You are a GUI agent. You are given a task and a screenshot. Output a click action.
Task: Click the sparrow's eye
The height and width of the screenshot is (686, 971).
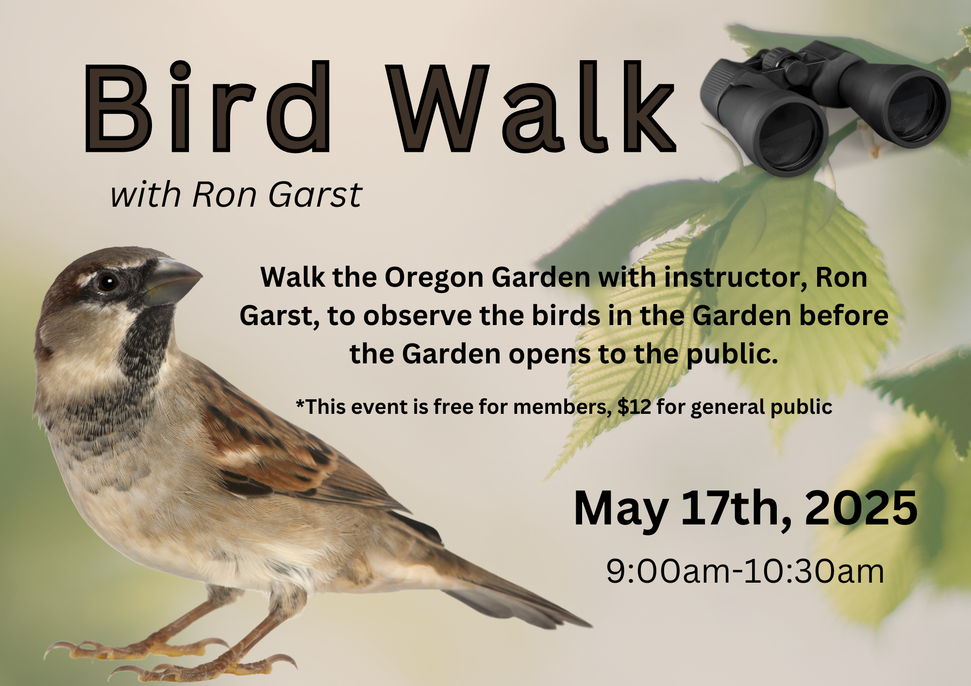(107, 282)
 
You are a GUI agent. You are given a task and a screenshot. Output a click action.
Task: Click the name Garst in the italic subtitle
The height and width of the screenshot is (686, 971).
(315, 195)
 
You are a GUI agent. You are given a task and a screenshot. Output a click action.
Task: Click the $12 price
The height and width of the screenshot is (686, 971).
(634, 407)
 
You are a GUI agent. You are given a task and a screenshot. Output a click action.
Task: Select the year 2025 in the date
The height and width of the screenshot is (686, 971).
(861, 508)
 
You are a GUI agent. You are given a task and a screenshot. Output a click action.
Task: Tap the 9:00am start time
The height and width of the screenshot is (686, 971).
(668, 571)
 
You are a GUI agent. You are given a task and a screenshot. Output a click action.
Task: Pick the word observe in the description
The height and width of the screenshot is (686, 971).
(418, 316)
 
